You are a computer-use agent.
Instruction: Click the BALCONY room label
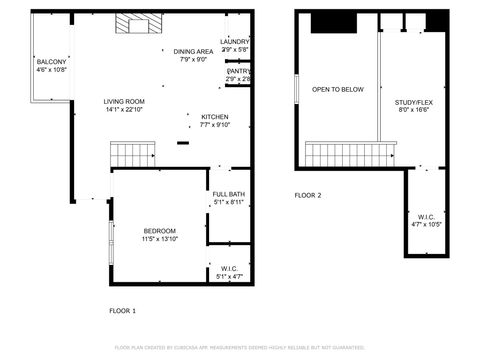pos(51,61)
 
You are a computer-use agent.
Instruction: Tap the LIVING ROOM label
pos(125,101)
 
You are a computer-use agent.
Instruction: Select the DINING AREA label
pos(193,51)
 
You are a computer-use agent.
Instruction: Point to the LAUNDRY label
pos(235,41)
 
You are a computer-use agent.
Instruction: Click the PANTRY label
pos(239,71)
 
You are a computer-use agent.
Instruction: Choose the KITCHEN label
pos(215,116)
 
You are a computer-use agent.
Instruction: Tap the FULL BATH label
pos(228,194)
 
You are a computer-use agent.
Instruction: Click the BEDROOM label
pos(159,231)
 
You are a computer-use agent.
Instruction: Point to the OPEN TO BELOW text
pos(337,90)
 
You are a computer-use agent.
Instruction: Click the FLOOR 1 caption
pos(122,311)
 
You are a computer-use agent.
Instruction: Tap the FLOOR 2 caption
pos(307,195)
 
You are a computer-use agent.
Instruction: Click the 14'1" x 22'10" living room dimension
pos(125,110)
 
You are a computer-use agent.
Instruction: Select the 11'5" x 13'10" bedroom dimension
pos(159,240)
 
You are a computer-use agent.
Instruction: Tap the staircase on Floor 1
pos(131,154)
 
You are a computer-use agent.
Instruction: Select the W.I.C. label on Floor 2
pos(426,216)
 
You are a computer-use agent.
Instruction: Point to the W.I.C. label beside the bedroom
pos(229,267)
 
